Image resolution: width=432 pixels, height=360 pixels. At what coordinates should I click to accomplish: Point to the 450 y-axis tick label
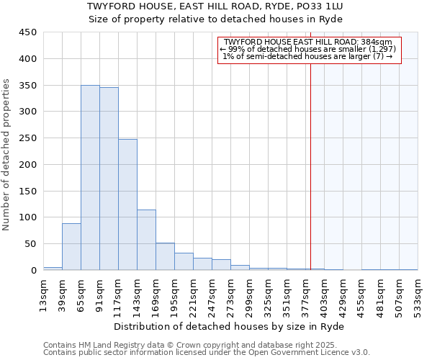27,32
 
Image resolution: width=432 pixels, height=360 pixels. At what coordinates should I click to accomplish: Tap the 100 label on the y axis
27,217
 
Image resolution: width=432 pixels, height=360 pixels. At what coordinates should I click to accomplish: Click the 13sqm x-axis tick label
43,294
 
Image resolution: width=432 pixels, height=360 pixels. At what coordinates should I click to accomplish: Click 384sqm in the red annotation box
379,42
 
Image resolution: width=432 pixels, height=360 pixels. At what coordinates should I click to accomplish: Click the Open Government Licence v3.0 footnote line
207,353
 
